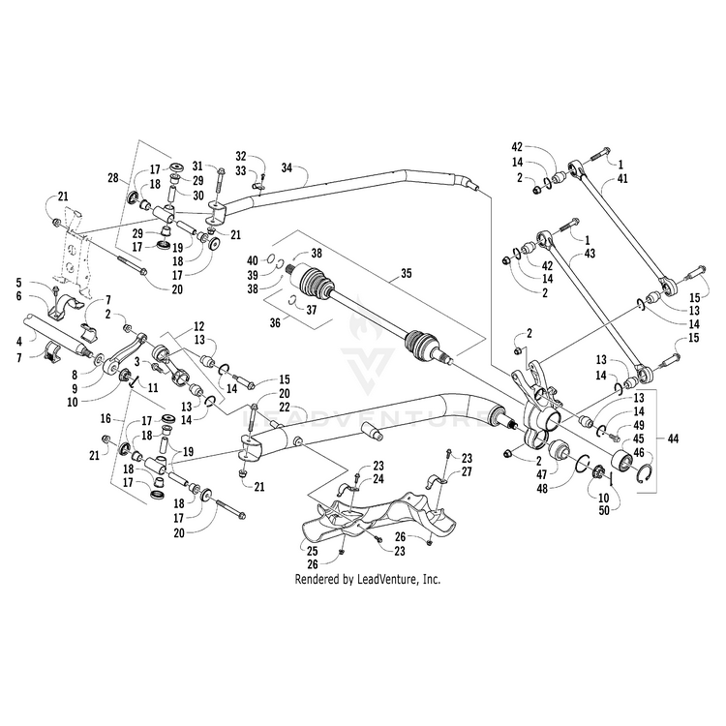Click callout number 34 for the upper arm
(x=287, y=167)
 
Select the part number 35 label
(x=406, y=273)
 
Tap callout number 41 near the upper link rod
(x=622, y=178)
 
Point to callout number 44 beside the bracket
(x=673, y=439)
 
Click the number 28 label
(x=113, y=177)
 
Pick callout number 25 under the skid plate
(x=313, y=551)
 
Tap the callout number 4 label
(x=19, y=343)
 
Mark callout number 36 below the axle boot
(x=275, y=322)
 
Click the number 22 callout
(x=284, y=407)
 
